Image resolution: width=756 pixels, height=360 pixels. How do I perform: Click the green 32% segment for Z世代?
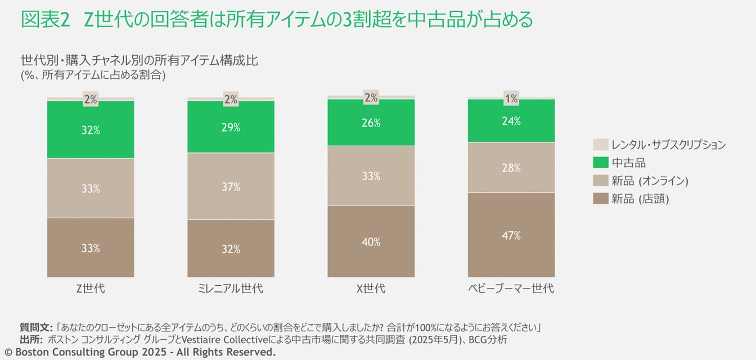click(91, 129)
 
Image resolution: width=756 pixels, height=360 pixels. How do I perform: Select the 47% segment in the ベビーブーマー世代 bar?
click(511, 235)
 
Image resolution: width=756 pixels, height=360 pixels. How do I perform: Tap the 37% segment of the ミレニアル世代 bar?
click(231, 186)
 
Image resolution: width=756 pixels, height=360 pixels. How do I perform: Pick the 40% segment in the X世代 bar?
click(371, 241)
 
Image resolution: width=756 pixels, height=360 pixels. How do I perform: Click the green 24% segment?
click(511, 120)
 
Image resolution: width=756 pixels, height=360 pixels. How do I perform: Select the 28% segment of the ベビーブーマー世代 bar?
click(511, 168)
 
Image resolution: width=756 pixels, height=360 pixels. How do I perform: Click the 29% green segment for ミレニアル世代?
click(231, 127)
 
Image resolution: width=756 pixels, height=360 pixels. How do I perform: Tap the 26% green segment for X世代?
click(371, 123)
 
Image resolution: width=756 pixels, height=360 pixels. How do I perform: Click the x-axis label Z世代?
click(91, 289)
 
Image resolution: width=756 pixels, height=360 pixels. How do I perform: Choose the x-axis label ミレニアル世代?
click(231, 289)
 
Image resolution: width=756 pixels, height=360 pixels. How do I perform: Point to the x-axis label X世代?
click(371, 289)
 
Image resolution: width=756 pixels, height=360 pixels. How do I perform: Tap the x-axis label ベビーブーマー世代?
click(511, 289)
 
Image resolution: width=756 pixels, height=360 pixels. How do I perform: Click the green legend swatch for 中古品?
click(601, 163)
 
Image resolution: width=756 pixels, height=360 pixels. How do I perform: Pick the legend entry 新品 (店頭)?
click(640, 199)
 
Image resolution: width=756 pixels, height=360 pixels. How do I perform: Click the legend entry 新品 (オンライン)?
click(650, 181)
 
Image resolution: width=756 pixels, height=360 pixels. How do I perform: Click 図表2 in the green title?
click(45, 20)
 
